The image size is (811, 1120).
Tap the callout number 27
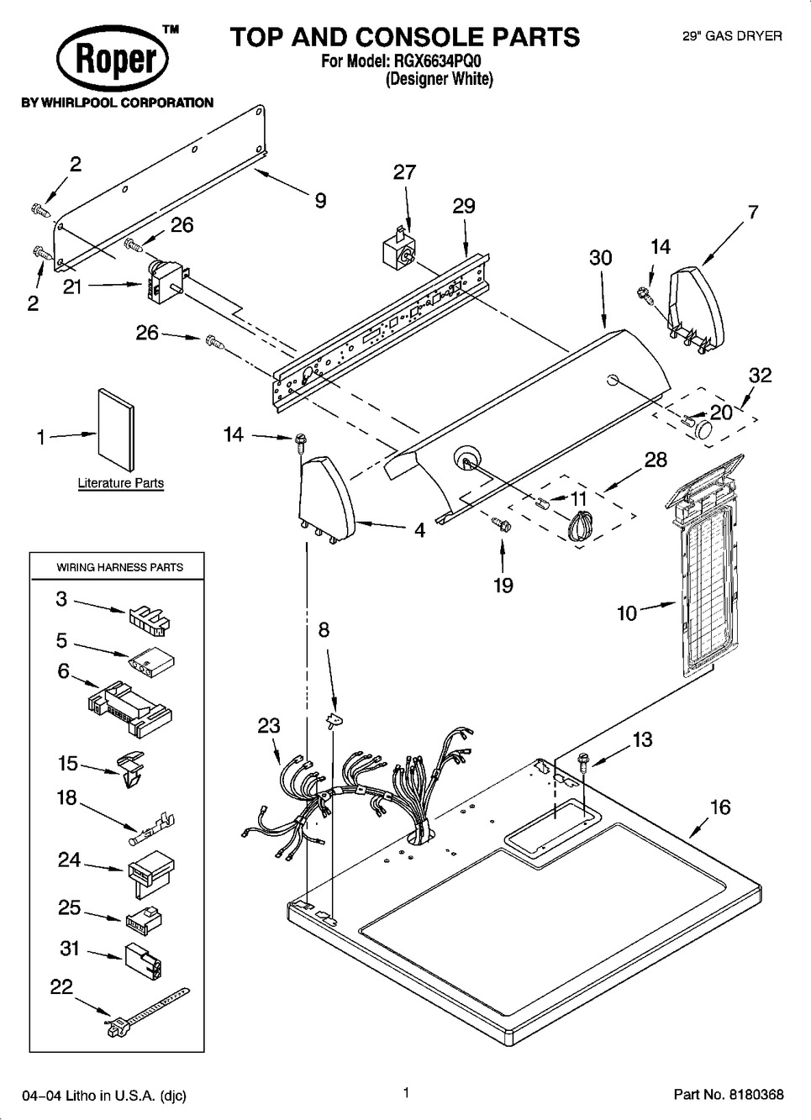pyautogui.click(x=404, y=172)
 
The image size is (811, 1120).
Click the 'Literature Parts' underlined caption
pyautogui.click(x=120, y=483)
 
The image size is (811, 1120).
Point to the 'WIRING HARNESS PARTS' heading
pyautogui.click(x=119, y=567)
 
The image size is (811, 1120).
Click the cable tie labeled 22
pyautogui.click(x=147, y=1014)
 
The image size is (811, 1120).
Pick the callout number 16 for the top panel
pyautogui.click(x=720, y=807)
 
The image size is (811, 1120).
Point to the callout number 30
pyautogui.click(x=600, y=258)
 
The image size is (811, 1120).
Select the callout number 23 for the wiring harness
pyautogui.click(x=269, y=725)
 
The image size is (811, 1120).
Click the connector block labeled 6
pyautogui.click(x=129, y=701)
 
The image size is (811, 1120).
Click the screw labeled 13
pyautogui.click(x=582, y=762)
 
